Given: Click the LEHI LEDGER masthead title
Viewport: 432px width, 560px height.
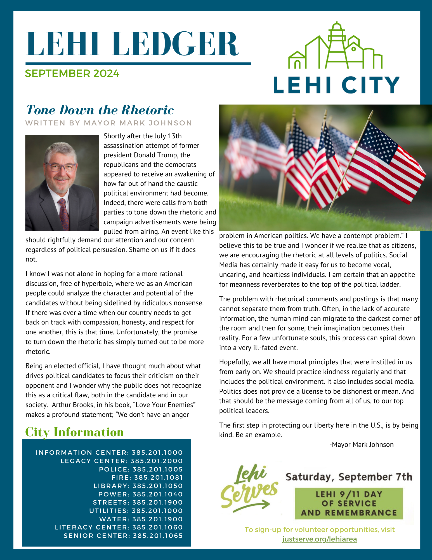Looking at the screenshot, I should (x=132, y=44).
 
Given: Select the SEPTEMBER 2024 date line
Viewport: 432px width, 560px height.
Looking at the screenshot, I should (x=72, y=74).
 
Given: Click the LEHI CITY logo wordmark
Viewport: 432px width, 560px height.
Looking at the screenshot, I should (x=336, y=85).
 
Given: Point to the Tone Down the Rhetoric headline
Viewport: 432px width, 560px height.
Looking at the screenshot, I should (x=100, y=110).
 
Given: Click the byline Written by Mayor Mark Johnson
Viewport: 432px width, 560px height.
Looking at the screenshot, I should (x=108, y=123).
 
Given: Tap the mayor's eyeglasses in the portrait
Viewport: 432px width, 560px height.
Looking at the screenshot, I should (x=61, y=167).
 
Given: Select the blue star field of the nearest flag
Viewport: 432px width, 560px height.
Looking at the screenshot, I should (x=377, y=143).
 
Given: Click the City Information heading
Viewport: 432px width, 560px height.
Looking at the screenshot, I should (x=74, y=432).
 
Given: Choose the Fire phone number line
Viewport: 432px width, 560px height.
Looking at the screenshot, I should (x=147, y=478).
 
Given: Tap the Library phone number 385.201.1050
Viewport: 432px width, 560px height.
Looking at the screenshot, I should (x=157, y=486).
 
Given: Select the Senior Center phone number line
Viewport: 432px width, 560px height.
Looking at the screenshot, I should (x=123, y=536).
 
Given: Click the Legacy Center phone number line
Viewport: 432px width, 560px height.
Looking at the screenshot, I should (x=122, y=461).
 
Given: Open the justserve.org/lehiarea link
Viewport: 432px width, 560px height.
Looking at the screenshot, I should (x=319, y=539).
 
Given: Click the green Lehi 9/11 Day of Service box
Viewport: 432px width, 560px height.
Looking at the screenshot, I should (x=349, y=503).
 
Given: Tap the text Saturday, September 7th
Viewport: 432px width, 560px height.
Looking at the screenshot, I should (x=349, y=477).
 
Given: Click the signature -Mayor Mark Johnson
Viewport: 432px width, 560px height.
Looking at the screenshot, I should (x=361, y=445).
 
